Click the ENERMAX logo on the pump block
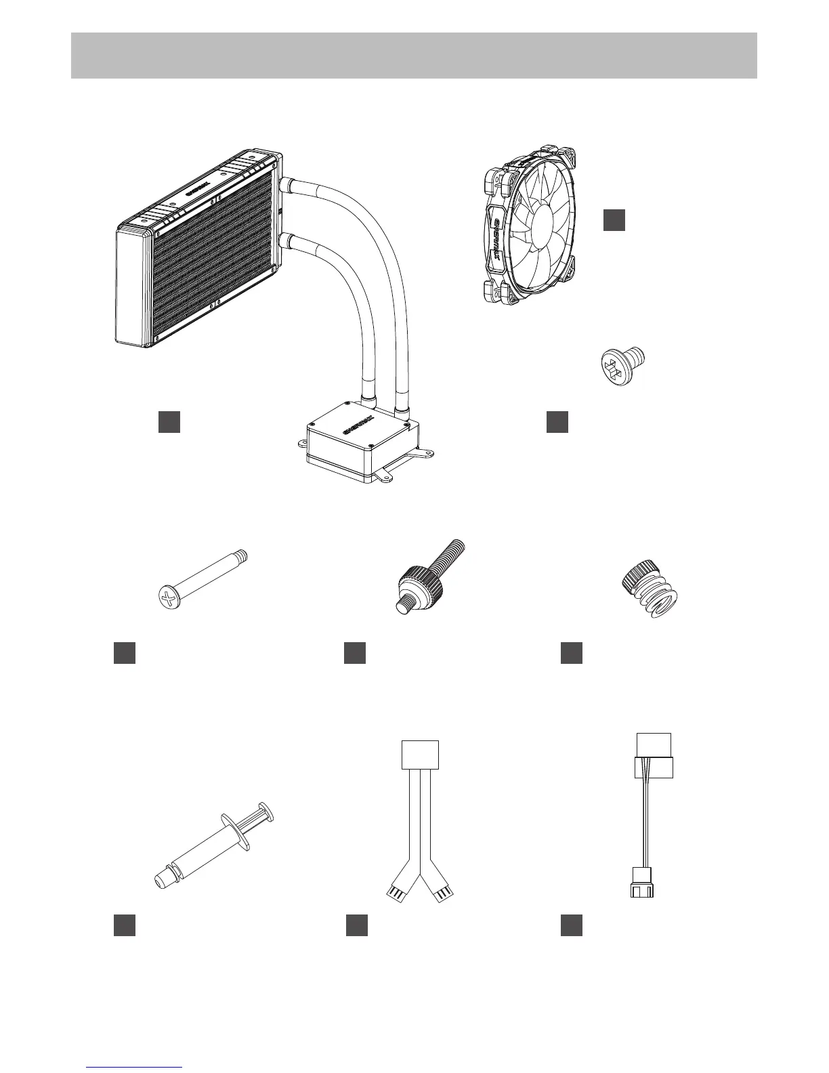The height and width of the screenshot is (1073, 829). coord(356,428)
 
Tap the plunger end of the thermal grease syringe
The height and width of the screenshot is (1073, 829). coord(266,812)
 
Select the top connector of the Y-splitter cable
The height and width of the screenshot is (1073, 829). coord(421,755)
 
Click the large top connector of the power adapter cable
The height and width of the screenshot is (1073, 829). coord(654,757)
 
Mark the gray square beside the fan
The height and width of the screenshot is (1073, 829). coord(614,220)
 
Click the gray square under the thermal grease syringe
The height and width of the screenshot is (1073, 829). coord(125,925)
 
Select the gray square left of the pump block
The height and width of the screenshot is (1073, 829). coord(169,421)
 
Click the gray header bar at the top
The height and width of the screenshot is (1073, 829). coord(414,55)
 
